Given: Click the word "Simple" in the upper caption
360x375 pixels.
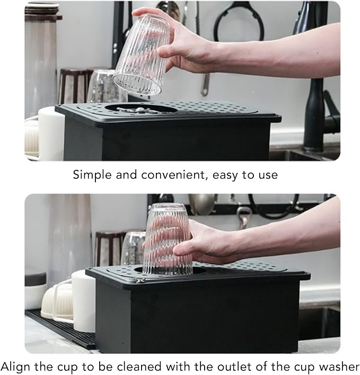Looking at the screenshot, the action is pyautogui.click(x=92, y=175).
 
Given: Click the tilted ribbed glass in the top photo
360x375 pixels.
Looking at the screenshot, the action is pyautogui.click(x=142, y=55).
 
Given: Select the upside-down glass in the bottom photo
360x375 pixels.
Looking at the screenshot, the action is pyautogui.click(x=167, y=239).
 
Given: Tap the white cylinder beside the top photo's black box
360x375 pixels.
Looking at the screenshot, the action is pyautogui.click(x=51, y=134).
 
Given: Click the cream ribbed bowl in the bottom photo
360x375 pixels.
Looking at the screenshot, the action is pyautogui.click(x=57, y=301).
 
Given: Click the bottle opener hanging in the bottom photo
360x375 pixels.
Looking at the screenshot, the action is pyautogui.click(x=243, y=216).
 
